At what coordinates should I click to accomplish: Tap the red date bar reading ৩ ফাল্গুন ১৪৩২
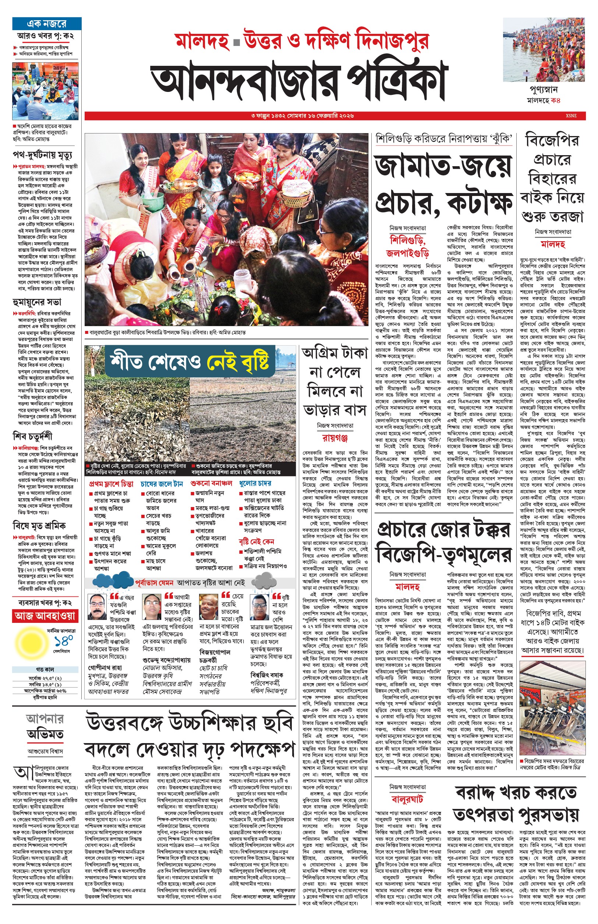coord(302,115)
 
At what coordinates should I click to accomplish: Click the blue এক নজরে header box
coord(47,24)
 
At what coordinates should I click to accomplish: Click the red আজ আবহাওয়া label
coord(45,616)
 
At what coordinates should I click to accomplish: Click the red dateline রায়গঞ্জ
coord(335,438)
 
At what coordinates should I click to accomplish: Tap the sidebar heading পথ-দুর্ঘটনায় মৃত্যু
coord(42,155)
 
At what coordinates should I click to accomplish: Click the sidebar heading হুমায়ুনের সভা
coord(37,302)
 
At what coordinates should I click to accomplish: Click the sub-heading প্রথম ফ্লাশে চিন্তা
coord(111,484)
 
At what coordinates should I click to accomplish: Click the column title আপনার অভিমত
coord(45,727)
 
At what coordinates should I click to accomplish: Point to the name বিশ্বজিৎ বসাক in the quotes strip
coord(266,675)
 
